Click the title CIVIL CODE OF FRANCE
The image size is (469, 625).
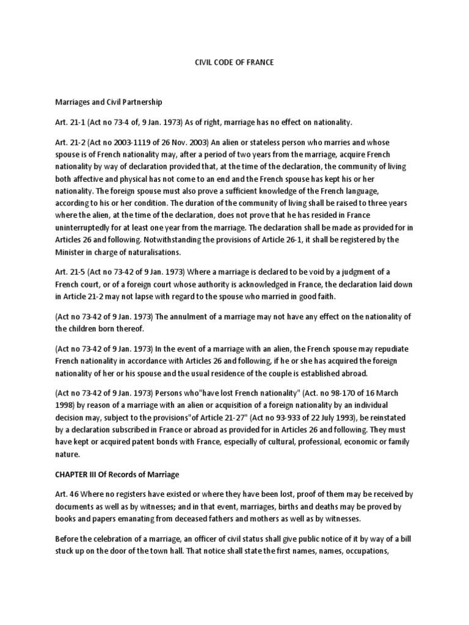coord(234,62)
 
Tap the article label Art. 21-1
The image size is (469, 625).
coord(70,123)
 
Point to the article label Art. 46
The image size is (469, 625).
coord(66,496)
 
